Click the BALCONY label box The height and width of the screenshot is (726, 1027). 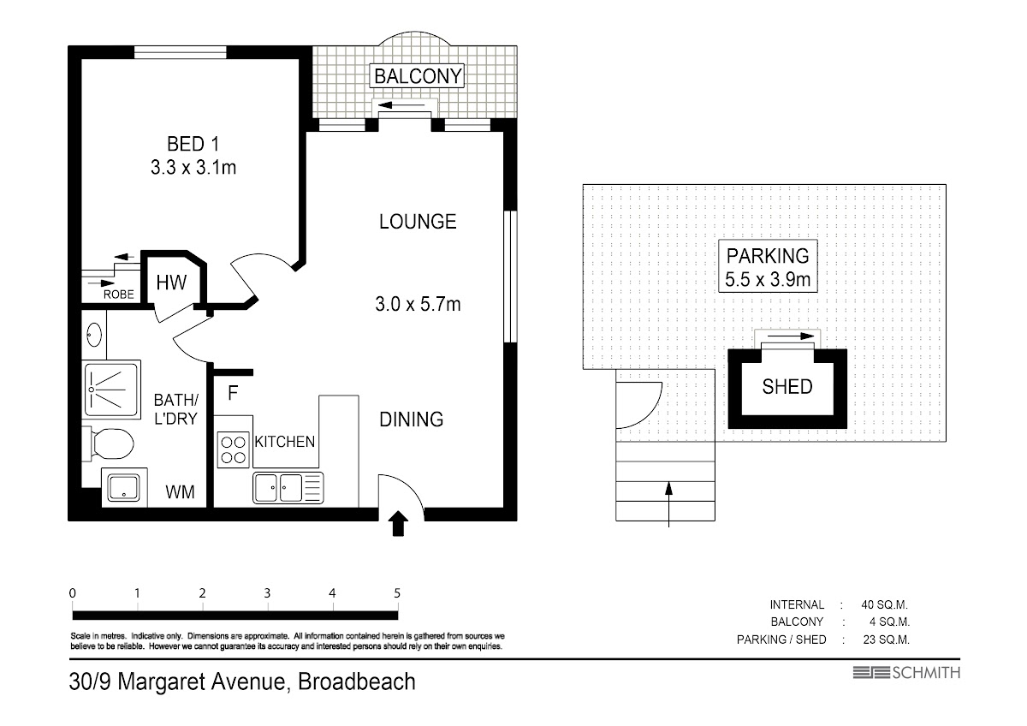coord(417,75)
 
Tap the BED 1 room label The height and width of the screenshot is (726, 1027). coord(193,144)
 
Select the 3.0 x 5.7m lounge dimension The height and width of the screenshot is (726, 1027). coord(418,304)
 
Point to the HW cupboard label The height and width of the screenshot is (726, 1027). coord(171,283)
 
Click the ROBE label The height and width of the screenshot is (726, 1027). coord(119,295)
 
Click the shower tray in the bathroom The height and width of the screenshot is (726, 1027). coord(111,390)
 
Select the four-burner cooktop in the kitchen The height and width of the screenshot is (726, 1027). coord(234,450)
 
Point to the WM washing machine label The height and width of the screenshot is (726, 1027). coord(180,492)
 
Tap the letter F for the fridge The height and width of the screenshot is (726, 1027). coord(233,393)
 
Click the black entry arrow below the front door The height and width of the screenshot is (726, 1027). coord(398,523)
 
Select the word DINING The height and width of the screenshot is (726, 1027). coord(412,420)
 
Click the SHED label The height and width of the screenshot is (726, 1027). coord(787,387)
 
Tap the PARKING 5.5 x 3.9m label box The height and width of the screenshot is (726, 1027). coord(768,266)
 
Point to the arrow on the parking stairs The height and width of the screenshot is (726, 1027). coord(669,504)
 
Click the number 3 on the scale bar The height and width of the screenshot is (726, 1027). coord(267,593)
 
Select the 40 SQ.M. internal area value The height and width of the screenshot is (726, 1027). coord(884,604)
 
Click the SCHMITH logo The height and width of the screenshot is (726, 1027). coord(906,673)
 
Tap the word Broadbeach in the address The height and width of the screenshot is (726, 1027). coord(357,681)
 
